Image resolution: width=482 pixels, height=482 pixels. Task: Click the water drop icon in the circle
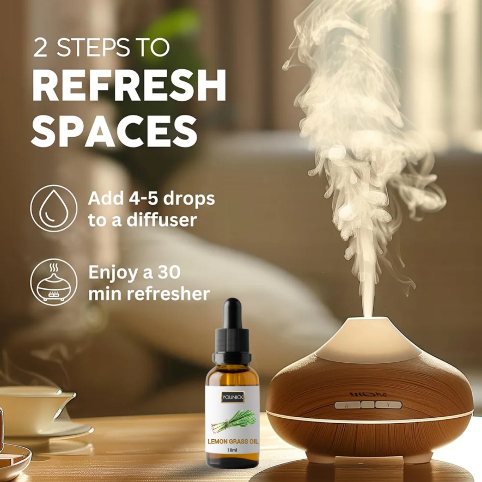[x=53, y=208]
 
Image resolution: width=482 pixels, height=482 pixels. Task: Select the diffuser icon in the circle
[x=53, y=282]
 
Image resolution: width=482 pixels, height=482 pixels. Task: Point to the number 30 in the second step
[x=169, y=273]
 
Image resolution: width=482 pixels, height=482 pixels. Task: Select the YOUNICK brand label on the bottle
[x=232, y=397]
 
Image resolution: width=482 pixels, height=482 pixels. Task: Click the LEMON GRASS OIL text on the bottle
[x=233, y=441]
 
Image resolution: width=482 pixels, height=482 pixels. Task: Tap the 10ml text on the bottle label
[x=232, y=450]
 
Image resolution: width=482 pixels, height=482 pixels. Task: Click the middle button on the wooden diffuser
[x=368, y=405]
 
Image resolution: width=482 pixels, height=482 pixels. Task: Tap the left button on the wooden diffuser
[x=347, y=405]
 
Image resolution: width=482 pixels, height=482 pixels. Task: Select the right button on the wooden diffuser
[x=388, y=405]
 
